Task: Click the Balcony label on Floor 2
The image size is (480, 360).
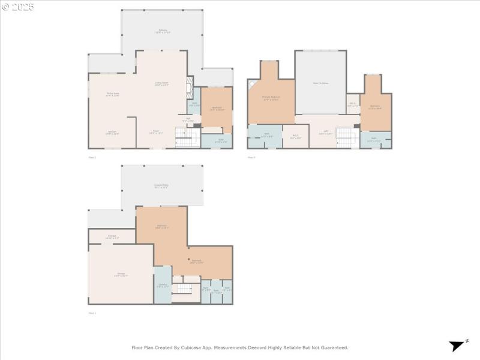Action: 163,31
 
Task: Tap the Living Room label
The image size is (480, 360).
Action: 161,83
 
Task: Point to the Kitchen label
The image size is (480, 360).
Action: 112,132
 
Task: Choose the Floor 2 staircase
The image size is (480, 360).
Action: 187,137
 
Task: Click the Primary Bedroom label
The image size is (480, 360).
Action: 271,97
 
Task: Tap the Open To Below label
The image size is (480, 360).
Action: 320,83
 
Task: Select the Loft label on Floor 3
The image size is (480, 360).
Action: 325,133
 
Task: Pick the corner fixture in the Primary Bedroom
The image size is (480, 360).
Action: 253,85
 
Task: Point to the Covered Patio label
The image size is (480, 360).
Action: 160,185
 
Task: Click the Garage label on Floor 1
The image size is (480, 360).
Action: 121,274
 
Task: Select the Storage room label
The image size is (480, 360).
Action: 112,236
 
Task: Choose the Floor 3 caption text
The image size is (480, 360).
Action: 251,157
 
